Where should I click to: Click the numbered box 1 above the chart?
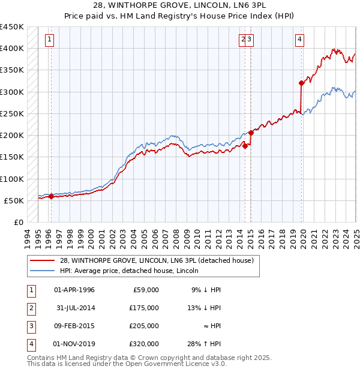coord(49,40)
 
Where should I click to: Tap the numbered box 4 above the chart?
coord(299,40)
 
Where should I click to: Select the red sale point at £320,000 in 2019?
coord(301,83)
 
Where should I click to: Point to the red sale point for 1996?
coord(51,196)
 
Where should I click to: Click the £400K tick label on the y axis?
coord(12,49)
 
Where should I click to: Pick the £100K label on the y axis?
coord(12,179)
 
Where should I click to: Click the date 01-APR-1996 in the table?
coord(74,290)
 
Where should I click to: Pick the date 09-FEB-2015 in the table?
coord(74,326)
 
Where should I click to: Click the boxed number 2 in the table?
coord(30,308)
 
